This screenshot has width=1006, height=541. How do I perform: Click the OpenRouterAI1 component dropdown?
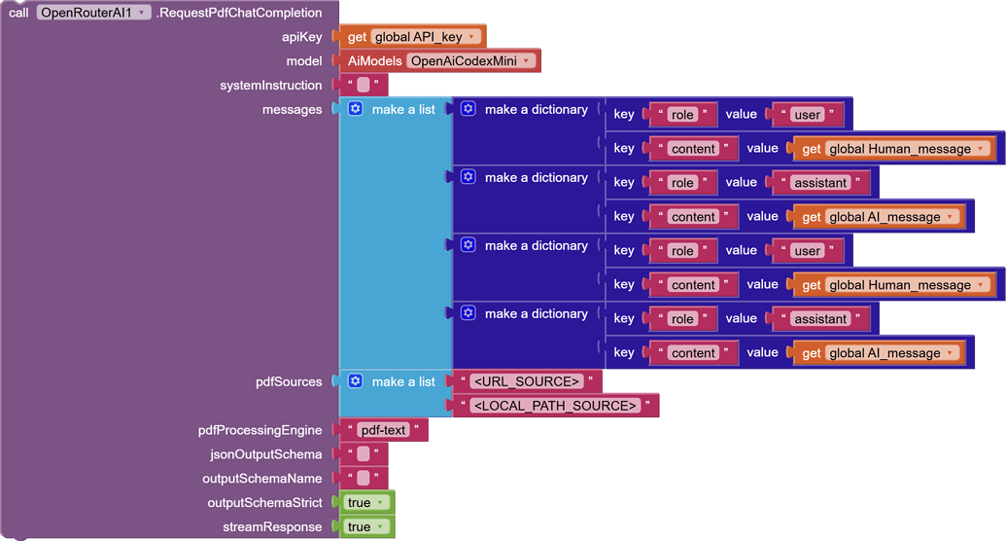[x=93, y=13]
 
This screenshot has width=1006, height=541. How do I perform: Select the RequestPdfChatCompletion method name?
[x=239, y=13]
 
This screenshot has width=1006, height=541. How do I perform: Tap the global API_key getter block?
[x=413, y=37]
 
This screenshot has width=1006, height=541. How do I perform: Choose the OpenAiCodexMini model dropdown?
[x=471, y=60]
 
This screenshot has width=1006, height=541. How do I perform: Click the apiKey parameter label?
[x=301, y=37]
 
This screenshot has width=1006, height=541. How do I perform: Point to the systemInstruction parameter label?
[x=270, y=86]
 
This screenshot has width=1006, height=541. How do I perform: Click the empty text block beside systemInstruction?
[x=364, y=86]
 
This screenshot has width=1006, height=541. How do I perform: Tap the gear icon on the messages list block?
[x=356, y=109]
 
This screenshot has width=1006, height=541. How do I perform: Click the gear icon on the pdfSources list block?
[x=356, y=381]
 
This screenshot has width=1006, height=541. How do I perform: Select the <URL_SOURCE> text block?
[x=526, y=381]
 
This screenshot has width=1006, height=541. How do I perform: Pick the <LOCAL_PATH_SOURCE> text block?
[x=554, y=406]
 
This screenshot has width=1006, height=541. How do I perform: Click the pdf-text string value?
[x=382, y=430]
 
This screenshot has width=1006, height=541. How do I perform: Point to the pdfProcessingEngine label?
[x=260, y=430]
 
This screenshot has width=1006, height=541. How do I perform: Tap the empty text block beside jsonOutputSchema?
[x=364, y=454]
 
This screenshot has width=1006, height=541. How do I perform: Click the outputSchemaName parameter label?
[x=261, y=479]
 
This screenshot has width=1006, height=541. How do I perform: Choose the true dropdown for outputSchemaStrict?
[x=366, y=503]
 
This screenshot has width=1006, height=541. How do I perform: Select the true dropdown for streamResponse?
[x=366, y=527]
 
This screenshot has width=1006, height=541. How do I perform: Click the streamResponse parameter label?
[x=272, y=527]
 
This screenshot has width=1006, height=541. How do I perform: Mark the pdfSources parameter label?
[x=289, y=381]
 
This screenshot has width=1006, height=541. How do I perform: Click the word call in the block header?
[x=18, y=13]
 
